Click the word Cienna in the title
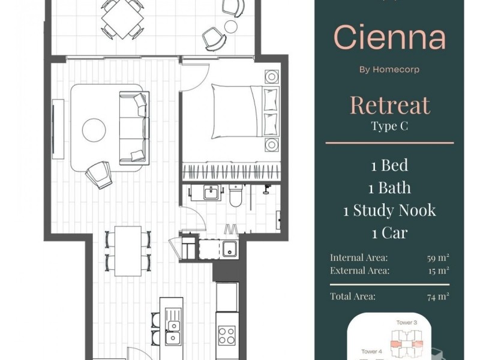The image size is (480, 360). click(389, 37)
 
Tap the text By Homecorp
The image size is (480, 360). click(389, 70)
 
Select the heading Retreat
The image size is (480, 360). click(390, 105)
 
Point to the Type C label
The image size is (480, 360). click(389, 126)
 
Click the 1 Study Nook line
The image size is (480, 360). click(389, 211)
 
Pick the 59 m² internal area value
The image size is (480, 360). click(438, 258)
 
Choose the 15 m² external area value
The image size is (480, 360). click(439, 271)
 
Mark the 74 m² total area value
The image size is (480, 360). click(438, 296)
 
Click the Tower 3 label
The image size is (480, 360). click(407, 322)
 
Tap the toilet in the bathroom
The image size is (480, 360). click(236, 196)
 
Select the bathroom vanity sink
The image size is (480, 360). click(211, 193)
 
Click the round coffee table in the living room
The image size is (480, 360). click(94, 130)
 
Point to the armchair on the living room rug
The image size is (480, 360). click(99, 175)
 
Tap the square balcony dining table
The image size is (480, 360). click(122, 19)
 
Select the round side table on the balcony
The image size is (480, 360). click(231, 26)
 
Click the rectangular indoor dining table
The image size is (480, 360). click(128, 251)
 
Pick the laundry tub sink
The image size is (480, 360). click(229, 248)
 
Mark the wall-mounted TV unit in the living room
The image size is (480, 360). click(58, 129)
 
